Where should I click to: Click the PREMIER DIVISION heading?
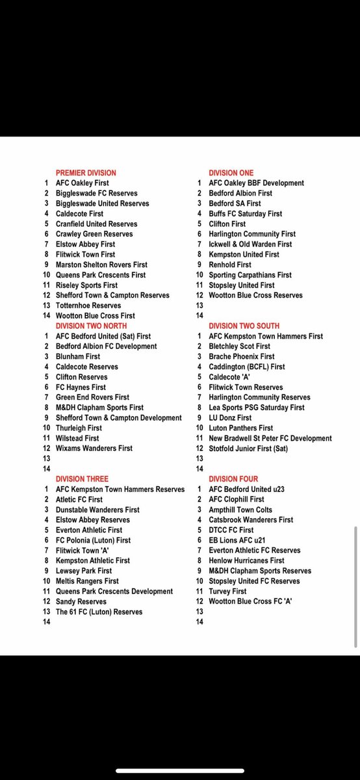(x=86, y=173)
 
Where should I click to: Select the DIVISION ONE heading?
(x=231, y=173)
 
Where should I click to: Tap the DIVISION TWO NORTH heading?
(x=91, y=326)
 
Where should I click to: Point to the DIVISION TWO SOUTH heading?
(x=244, y=326)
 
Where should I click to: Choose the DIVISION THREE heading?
(x=82, y=479)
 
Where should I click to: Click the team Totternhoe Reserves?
(x=88, y=305)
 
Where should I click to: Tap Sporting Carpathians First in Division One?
(x=250, y=275)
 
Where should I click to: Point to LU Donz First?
(x=230, y=418)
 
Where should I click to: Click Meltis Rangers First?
(x=87, y=581)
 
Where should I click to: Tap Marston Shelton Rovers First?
(x=101, y=265)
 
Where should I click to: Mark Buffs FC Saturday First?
(x=245, y=214)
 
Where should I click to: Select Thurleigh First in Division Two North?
(x=79, y=428)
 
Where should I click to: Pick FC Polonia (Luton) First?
(x=93, y=540)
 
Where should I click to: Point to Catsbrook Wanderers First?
(x=251, y=520)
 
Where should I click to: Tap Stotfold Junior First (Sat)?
(x=248, y=448)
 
